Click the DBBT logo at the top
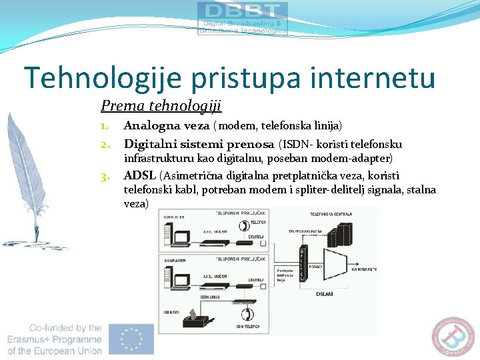[x=243, y=18]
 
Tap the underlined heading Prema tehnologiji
[x=161, y=105]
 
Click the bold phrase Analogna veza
[x=167, y=125]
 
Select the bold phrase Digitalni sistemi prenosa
[x=199, y=144]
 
